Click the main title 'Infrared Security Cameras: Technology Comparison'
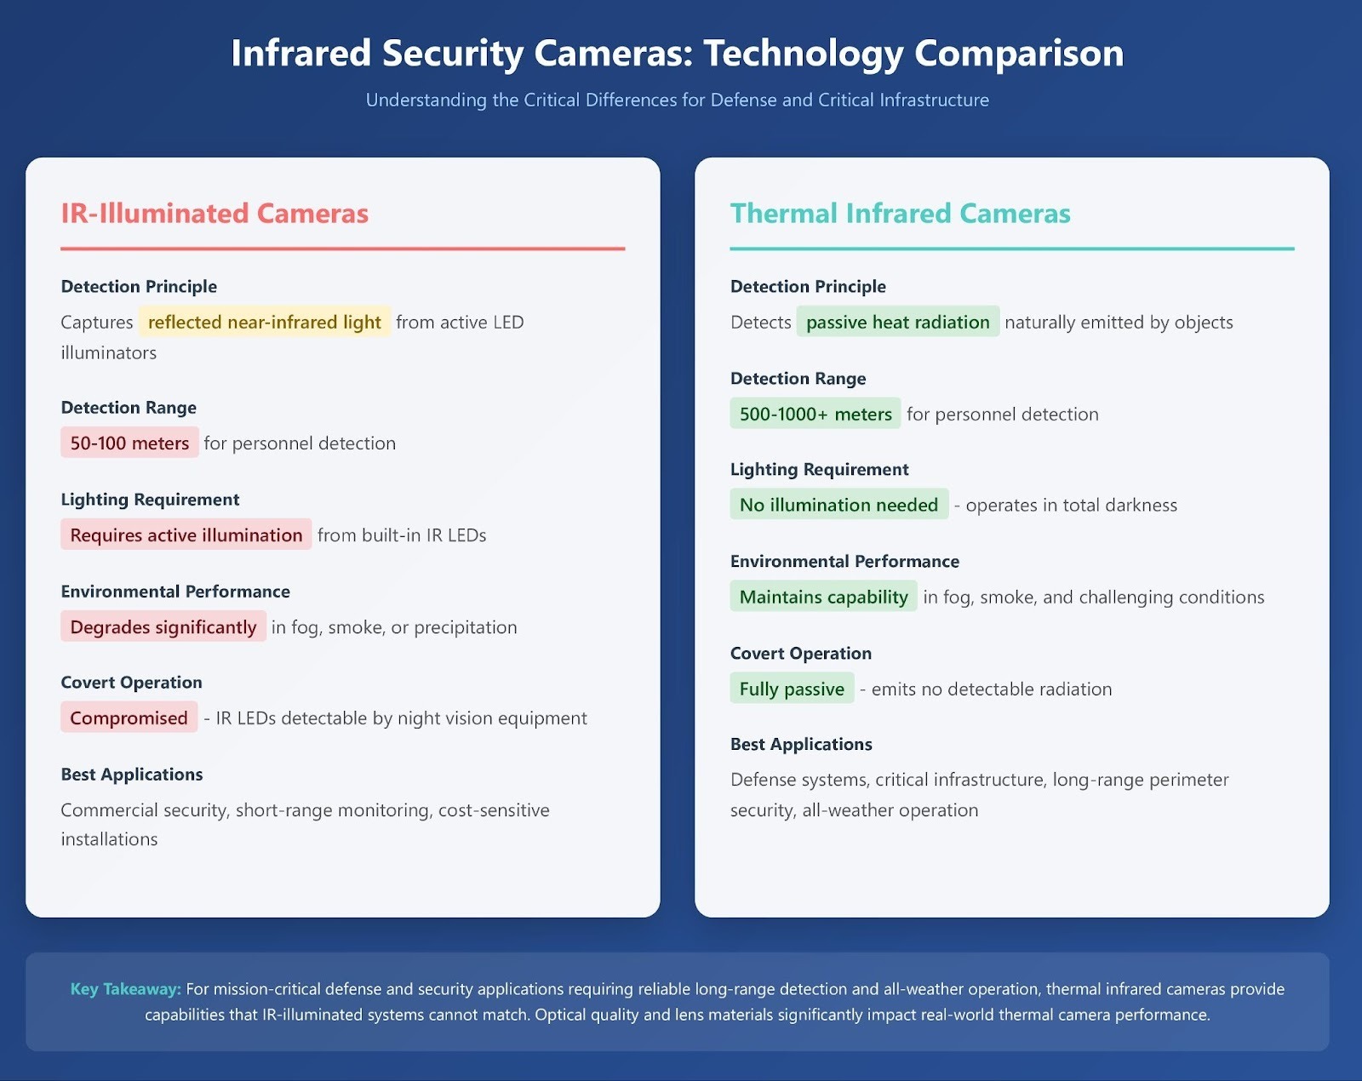click(678, 53)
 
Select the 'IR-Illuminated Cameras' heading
click(215, 214)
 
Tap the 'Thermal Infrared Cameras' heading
click(900, 214)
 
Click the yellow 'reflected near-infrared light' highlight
click(265, 322)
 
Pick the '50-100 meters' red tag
click(129, 443)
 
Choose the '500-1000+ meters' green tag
click(815, 414)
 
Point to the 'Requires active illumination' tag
click(186, 535)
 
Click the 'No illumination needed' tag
click(839, 505)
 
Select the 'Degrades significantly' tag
click(163, 626)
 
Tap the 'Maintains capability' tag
click(823, 596)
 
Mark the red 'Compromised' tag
click(129, 717)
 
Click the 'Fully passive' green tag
click(792, 688)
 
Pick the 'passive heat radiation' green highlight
click(897, 322)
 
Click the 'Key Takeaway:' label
click(126, 988)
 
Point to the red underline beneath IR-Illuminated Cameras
click(343, 249)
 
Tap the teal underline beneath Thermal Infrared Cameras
click(1012, 249)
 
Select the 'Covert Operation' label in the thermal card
click(801, 653)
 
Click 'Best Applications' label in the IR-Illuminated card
click(132, 775)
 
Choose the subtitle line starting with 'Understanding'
click(678, 100)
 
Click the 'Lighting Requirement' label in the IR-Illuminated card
click(150, 500)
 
